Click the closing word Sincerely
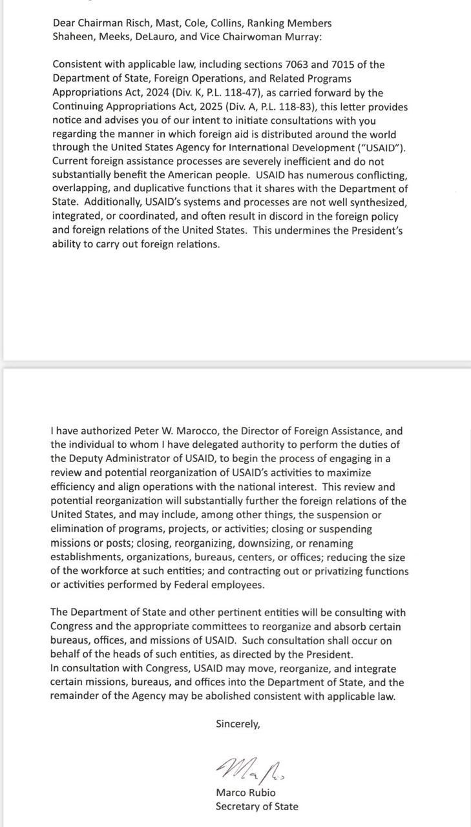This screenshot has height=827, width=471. pos(238,724)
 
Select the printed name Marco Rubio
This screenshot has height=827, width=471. pos(246,793)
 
